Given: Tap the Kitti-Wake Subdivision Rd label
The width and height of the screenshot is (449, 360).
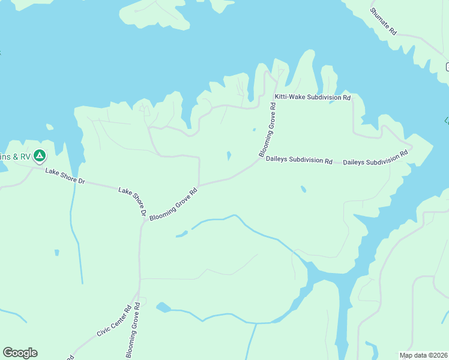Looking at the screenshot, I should (x=312, y=97).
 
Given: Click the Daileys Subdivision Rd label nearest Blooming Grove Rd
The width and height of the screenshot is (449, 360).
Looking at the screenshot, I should (x=299, y=160).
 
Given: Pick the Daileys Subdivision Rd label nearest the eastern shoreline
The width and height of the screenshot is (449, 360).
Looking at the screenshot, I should (x=375, y=158).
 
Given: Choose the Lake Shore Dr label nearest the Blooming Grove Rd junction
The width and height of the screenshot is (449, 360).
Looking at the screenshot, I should (x=133, y=201).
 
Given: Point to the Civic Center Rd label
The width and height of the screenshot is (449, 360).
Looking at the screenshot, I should (x=114, y=322).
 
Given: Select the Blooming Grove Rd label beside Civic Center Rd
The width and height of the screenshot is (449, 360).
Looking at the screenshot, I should (x=133, y=329).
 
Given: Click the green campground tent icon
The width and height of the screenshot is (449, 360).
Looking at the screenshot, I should (x=40, y=157).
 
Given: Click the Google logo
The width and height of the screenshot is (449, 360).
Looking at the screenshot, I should (x=20, y=353).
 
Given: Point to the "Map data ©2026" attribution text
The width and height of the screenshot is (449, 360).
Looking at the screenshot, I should (x=423, y=355).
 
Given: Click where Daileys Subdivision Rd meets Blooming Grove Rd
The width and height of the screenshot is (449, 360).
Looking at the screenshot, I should (x=259, y=159).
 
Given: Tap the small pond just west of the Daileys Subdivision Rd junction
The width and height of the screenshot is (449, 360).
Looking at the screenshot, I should (x=229, y=156).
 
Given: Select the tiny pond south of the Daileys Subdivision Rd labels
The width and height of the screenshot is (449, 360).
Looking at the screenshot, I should (x=303, y=189).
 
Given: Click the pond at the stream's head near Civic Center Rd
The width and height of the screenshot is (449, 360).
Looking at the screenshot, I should (x=162, y=308).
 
